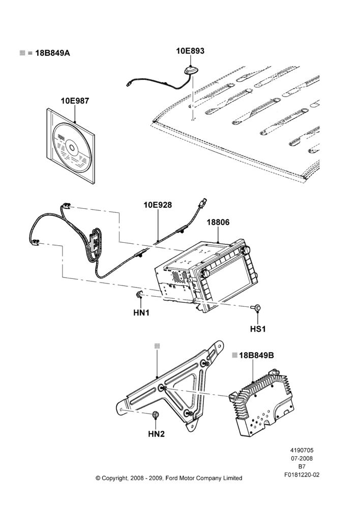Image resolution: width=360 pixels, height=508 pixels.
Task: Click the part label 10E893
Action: (190, 51)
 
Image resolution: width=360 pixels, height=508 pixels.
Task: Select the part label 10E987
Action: (75, 101)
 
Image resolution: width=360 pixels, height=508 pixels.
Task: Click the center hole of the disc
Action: (72, 149)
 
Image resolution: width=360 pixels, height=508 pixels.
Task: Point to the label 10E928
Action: (158, 205)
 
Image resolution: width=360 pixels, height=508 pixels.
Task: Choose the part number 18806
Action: (218, 223)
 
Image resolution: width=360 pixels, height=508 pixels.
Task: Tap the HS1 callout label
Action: (258, 329)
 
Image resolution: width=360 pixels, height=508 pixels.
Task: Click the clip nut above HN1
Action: (139, 295)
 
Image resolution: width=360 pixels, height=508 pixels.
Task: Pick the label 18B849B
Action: (256, 356)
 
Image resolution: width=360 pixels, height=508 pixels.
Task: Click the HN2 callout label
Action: (156, 434)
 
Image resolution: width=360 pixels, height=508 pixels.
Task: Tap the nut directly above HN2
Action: (156, 415)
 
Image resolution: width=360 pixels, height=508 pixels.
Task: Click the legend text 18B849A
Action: (52, 53)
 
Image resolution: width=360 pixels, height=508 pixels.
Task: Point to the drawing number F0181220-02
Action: (302, 475)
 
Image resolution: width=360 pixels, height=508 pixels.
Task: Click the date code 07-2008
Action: (302, 458)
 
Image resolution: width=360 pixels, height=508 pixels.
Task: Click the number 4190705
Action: (302, 450)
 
